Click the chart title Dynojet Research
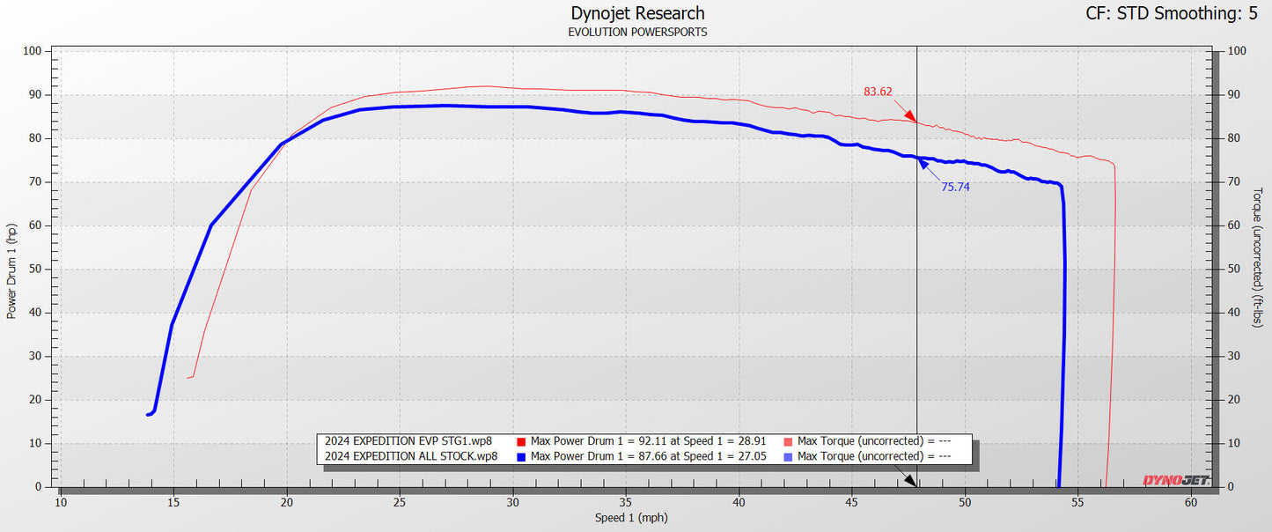pyautogui.click(x=637, y=13)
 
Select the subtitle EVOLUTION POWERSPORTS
pyautogui.click(x=637, y=33)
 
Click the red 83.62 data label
pyautogui.click(x=878, y=91)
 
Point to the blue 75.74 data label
pyautogui.click(x=955, y=187)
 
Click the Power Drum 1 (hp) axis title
pyautogui.click(x=11, y=270)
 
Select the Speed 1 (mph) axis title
pyautogui.click(x=632, y=519)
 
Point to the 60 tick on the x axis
pyautogui.click(x=1191, y=503)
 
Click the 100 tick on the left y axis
pyautogui.click(x=33, y=51)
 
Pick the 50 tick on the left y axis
pyautogui.click(x=36, y=270)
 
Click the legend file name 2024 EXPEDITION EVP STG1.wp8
pyautogui.click(x=408, y=440)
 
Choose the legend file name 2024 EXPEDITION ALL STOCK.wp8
pyautogui.click(x=411, y=456)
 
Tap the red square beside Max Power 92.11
pyautogui.click(x=521, y=440)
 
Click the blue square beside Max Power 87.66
pyautogui.click(x=521, y=456)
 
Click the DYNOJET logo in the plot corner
pyautogui.click(x=1174, y=480)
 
